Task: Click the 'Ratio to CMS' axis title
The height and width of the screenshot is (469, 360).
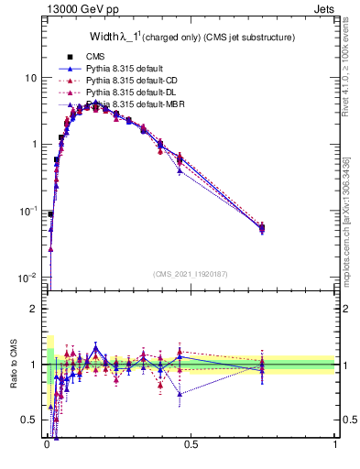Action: [14, 365]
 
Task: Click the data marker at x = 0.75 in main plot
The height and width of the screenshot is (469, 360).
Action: [262, 227]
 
